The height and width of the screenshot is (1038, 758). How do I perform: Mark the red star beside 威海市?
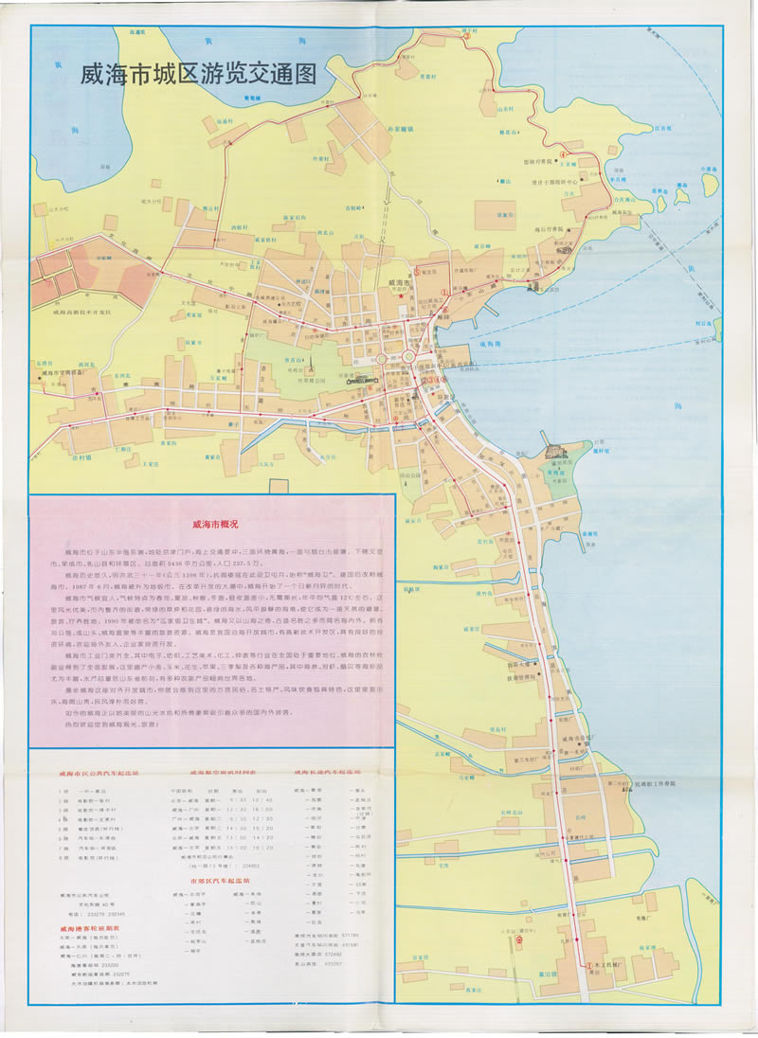click(401, 296)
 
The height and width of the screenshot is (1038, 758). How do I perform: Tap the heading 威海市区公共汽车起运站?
click(98, 773)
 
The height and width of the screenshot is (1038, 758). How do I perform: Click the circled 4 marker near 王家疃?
click(562, 152)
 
